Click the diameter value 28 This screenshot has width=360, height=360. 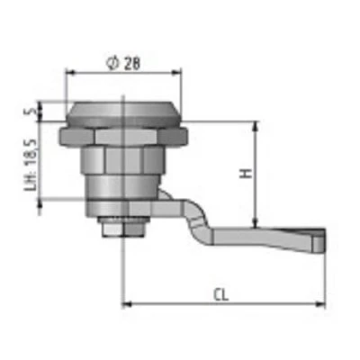(x=132, y=64)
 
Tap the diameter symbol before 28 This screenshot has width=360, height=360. (x=113, y=64)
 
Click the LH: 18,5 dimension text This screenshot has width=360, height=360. (x=31, y=165)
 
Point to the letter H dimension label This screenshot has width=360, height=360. (x=246, y=174)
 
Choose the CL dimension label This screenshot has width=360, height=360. (x=221, y=295)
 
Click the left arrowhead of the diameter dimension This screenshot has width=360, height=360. (x=70, y=72)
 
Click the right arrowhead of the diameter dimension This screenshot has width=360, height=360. (x=177, y=72)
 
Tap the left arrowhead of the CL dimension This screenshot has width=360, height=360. (x=127, y=304)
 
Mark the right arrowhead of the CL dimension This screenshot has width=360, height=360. (x=320, y=304)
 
